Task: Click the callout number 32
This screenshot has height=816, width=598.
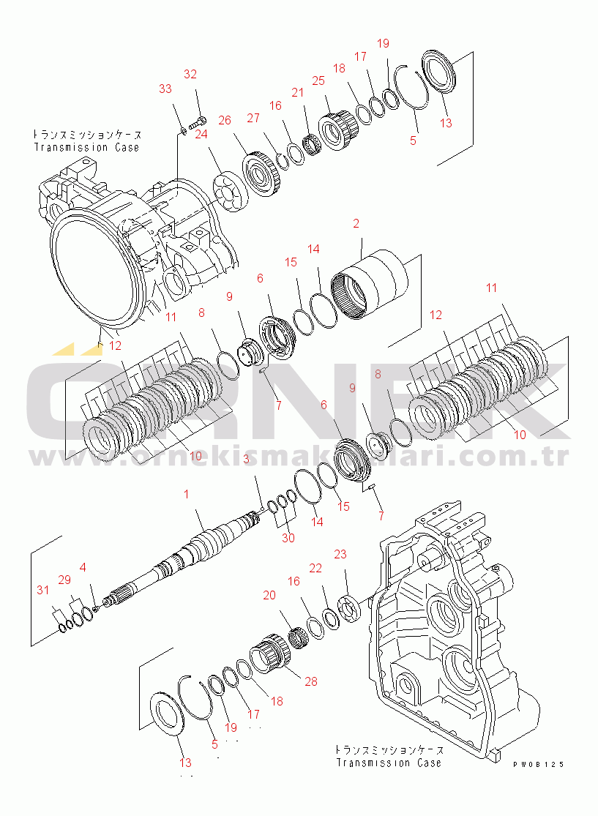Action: [x=190, y=74]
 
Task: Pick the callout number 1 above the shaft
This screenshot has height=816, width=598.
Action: [x=186, y=494]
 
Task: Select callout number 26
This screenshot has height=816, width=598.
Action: [x=224, y=119]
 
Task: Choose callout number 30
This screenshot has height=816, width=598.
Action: [x=288, y=537]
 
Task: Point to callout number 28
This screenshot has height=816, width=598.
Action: [x=311, y=681]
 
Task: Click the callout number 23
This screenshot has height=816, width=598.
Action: [x=340, y=554]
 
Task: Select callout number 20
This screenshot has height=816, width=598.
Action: [x=269, y=595]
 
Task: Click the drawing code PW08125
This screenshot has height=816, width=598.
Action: [x=538, y=764]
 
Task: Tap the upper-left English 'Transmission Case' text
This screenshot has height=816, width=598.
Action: [x=86, y=147]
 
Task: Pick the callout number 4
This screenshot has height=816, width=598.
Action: [x=83, y=566]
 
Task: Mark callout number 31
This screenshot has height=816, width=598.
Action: [x=44, y=591]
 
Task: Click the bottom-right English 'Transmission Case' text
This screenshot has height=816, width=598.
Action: [x=389, y=763]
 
